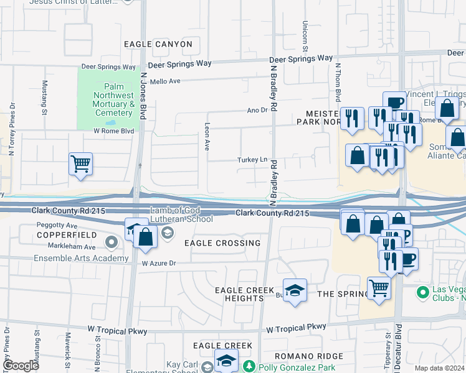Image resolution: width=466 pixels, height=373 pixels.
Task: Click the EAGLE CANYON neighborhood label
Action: point(158,44)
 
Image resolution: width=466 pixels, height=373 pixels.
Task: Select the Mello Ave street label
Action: point(165,81)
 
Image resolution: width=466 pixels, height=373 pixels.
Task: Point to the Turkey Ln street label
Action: point(252,160)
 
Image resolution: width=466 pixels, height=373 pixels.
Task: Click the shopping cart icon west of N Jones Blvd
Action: point(80,164)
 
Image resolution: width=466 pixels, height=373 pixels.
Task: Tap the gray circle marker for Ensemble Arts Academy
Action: point(112,241)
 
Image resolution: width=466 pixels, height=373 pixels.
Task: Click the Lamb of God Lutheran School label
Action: point(181,214)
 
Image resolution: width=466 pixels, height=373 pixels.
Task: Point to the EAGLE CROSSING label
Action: point(222,243)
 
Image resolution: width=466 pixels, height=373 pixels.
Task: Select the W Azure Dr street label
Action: point(159,264)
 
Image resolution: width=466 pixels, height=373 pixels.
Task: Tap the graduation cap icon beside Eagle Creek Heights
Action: point(295,290)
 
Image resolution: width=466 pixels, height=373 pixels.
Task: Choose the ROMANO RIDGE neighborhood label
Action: point(313,356)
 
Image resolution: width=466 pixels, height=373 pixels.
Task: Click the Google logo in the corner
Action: point(21,366)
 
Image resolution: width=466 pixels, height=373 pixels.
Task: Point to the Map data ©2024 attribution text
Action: point(440,368)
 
